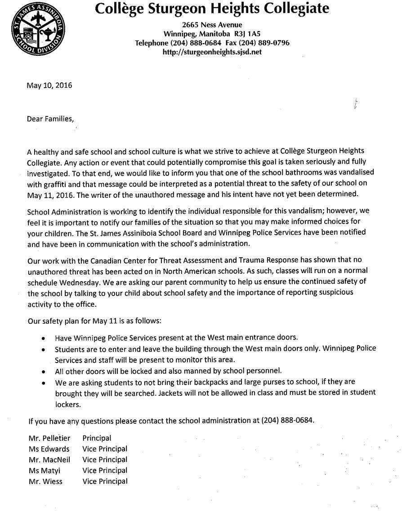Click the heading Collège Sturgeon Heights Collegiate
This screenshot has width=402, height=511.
tap(212, 8)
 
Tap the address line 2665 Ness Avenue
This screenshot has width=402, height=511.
tap(212, 25)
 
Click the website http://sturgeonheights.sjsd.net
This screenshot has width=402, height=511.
tap(212, 52)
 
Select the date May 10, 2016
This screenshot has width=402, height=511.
tap(50, 85)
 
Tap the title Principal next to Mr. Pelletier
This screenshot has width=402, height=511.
tap(97, 438)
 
